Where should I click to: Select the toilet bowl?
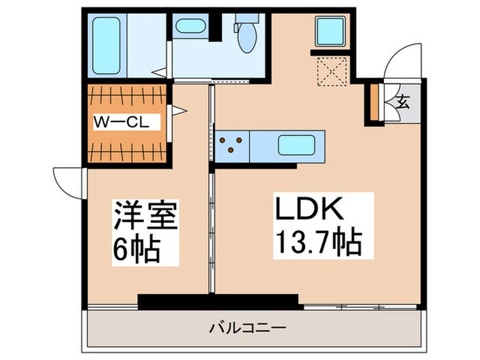[x=244, y=34]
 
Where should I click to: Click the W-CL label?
[x=126, y=123]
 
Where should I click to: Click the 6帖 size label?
[x=136, y=250]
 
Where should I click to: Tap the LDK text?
[x=309, y=208]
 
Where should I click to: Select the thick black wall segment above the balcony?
[x=218, y=300]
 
